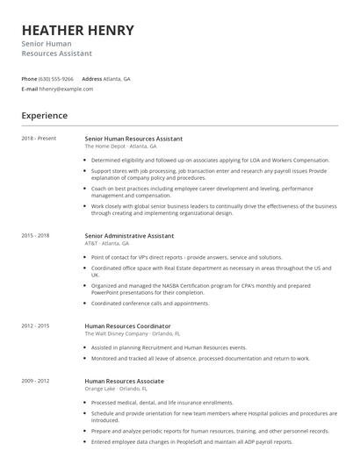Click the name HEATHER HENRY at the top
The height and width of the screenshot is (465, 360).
click(x=78, y=30)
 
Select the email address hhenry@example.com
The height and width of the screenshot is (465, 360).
click(x=67, y=89)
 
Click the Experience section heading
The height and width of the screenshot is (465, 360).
click(x=45, y=115)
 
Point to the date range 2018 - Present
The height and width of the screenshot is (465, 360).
click(x=39, y=139)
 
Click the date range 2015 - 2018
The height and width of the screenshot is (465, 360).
click(x=36, y=235)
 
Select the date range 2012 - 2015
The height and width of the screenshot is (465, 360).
click(x=36, y=325)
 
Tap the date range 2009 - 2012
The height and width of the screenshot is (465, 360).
click(x=36, y=381)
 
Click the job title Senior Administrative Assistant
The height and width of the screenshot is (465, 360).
click(x=129, y=235)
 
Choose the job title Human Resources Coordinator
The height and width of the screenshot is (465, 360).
click(x=127, y=325)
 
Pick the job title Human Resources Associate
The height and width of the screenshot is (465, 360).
click(x=123, y=381)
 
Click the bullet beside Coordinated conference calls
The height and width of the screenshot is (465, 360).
click(x=87, y=304)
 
